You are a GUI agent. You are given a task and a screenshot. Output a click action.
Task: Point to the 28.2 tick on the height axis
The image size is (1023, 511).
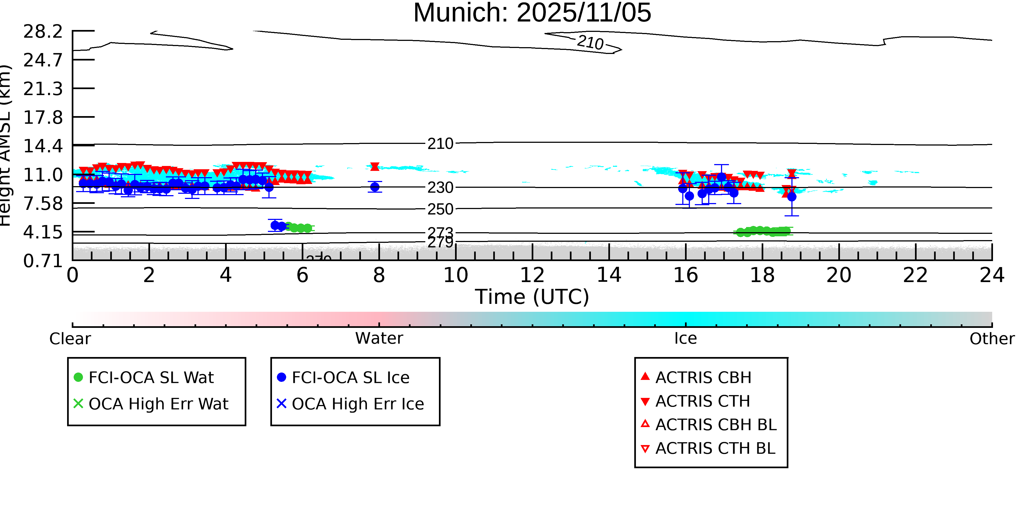point(43,31)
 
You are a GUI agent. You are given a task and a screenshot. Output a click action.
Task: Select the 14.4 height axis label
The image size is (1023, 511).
point(43,146)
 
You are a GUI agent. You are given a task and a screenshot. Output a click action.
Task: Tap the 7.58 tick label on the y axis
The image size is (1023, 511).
point(43,204)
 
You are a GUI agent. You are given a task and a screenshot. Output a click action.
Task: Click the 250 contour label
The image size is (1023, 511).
point(440,209)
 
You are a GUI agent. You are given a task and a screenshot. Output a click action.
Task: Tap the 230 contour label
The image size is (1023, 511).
point(440,187)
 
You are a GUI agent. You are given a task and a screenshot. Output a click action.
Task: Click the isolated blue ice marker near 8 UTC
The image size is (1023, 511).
point(375,187)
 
